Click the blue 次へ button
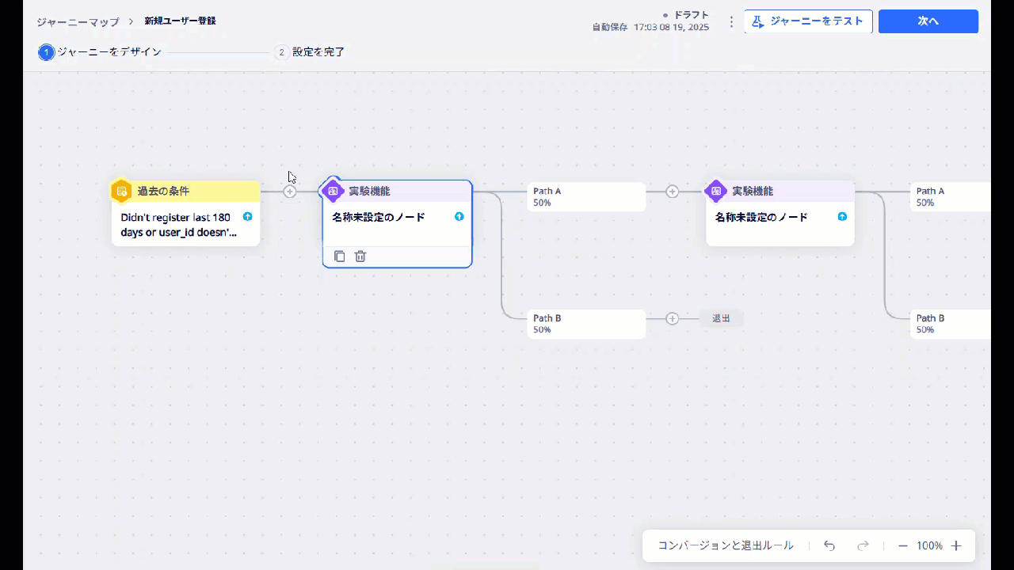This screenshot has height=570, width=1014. (928, 21)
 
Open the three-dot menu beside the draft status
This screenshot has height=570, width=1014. (731, 21)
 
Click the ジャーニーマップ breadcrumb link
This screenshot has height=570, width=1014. (78, 21)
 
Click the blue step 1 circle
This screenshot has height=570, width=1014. (46, 52)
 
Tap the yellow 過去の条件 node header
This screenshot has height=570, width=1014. (186, 191)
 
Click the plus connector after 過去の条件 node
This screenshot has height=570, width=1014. (290, 192)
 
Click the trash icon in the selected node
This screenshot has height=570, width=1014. (360, 256)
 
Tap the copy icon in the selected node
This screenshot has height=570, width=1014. (340, 256)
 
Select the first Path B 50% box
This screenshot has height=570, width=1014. (586, 324)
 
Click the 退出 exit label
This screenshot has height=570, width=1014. (721, 318)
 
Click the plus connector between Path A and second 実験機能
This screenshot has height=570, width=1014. (673, 192)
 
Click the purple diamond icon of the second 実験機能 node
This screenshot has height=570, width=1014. (716, 191)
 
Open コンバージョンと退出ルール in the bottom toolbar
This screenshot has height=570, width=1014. (726, 545)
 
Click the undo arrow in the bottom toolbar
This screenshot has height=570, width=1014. (829, 545)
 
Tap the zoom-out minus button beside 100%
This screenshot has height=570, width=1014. (902, 545)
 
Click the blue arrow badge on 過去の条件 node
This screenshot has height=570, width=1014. (248, 217)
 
